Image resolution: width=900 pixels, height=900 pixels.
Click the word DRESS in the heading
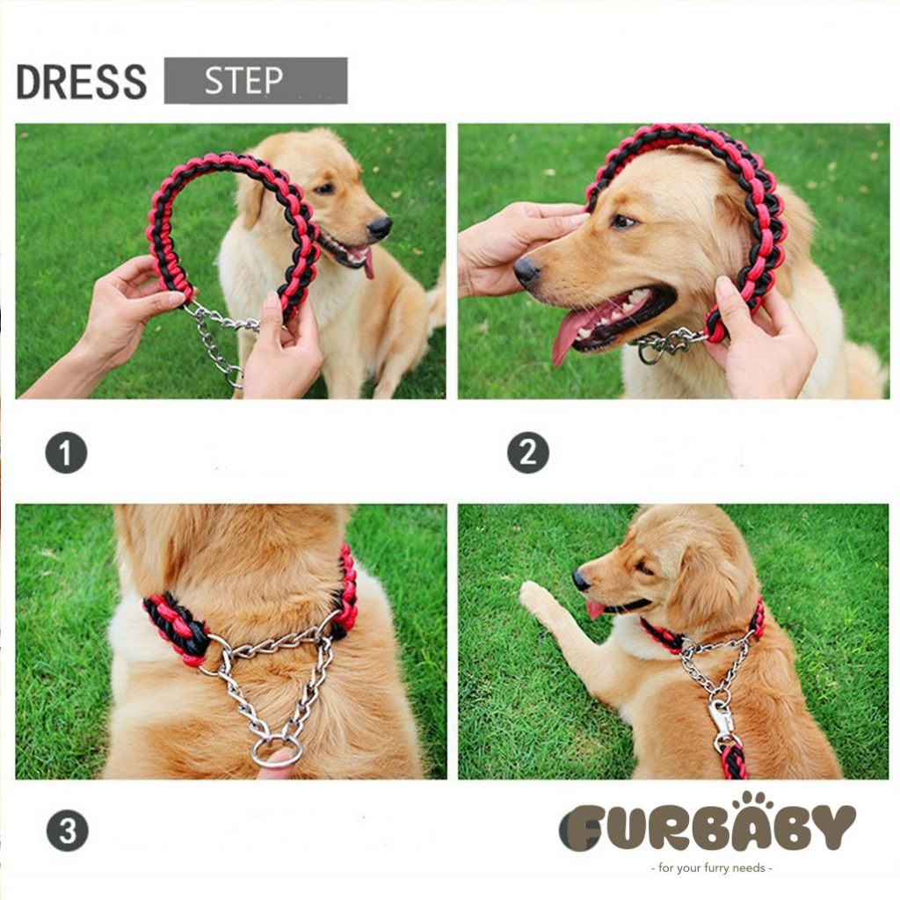pyautogui.click(x=82, y=82)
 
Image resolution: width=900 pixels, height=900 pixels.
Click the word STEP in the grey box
pyautogui.click(x=244, y=80)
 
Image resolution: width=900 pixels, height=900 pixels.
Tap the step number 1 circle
pyautogui.click(x=66, y=453)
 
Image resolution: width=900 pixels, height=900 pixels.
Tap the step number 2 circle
pyautogui.click(x=528, y=453)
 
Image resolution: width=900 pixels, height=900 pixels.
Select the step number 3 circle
pyautogui.click(x=67, y=830)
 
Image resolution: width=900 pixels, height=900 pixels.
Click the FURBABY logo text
pyautogui.click(x=708, y=826)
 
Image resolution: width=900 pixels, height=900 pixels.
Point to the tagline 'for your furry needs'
pyautogui.click(x=712, y=867)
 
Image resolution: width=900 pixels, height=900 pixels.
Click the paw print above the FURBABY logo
pyautogui.click(x=753, y=800)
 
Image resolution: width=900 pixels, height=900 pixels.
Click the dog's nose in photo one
pyautogui.click(x=380, y=228)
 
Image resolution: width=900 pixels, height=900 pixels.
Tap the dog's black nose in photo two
pyautogui.click(x=526, y=272)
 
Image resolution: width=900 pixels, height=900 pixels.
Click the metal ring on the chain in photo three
pyautogui.click(x=276, y=752)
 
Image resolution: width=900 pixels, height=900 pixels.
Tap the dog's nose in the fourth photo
pyautogui.click(x=581, y=581)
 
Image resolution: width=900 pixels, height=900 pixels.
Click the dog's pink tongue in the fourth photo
pyautogui.click(x=594, y=609)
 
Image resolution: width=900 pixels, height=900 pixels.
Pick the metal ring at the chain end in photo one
pyautogui.click(x=235, y=377)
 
